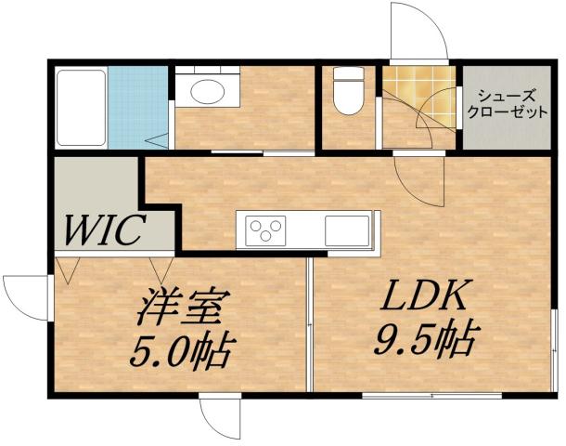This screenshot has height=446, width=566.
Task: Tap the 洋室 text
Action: click(182, 307)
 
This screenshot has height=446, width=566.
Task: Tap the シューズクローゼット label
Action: click(506, 100)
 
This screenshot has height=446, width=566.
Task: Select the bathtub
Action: click(81, 107)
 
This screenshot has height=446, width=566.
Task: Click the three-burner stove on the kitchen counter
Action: click(265, 230)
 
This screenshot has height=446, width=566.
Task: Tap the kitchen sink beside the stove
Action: click(348, 229)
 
